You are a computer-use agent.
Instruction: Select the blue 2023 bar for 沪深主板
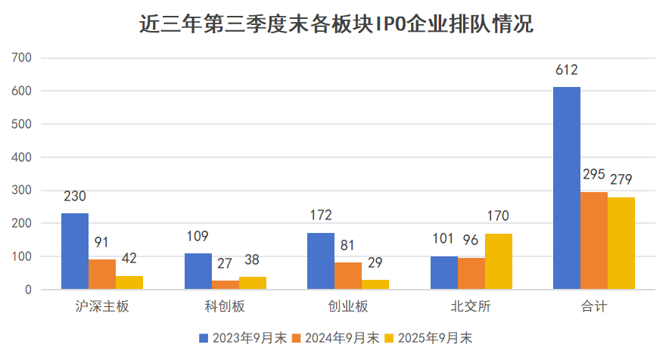75,251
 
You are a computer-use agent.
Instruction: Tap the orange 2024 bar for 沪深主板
102,274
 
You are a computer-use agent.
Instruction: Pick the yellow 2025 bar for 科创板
253,283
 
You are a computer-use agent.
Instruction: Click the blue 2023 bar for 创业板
321,261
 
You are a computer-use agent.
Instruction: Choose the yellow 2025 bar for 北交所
499,262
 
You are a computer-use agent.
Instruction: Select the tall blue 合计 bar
567,188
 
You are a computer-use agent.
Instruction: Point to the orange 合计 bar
594,241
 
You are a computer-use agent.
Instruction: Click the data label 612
567,70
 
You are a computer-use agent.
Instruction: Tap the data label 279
621,180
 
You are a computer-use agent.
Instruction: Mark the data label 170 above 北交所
499,216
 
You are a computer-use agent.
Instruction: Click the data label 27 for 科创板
226,264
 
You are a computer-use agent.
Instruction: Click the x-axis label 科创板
226,307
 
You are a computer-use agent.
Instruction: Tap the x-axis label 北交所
471,307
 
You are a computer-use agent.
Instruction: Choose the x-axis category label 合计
594,307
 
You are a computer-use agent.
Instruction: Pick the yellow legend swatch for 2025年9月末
390,338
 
